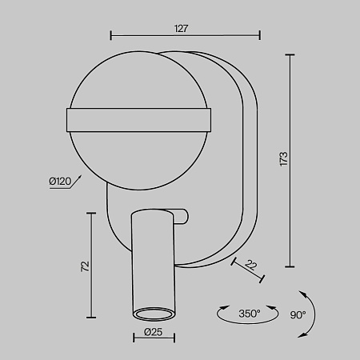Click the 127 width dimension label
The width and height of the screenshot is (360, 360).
point(181,29)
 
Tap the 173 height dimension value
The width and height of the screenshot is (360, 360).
point(284,159)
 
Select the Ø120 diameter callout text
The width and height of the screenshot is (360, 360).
point(60,182)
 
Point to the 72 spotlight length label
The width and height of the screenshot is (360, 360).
point(85,266)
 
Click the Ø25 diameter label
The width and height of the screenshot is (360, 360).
point(153,332)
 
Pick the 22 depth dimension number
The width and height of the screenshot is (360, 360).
point(250,265)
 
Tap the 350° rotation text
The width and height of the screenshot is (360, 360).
point(250,314)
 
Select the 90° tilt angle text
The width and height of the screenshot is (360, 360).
point(298,315)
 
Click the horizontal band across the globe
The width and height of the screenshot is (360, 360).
point(138,120)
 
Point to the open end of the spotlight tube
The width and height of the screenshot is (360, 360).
point(154,314)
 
